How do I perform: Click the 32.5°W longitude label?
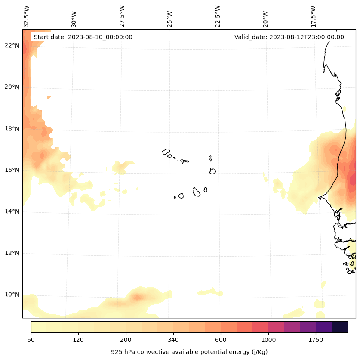pos(27,16)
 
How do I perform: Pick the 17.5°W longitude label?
pos(314,16)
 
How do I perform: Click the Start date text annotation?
pos(83,37)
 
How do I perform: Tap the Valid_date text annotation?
pos(289,37)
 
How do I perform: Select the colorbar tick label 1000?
pos(268,340)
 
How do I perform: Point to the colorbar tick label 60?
pos(31,340)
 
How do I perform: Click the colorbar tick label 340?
pos(173,340)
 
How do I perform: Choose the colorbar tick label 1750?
pos(316,340)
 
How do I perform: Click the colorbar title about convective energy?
pos(189,352)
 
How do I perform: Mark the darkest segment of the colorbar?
pos(340,327)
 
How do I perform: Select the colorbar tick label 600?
pos(221,340)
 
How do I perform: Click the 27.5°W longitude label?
pos(122,16)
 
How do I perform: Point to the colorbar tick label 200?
pos(126,340)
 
